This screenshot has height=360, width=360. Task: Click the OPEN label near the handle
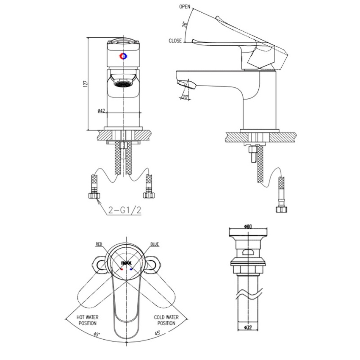click(185, 7)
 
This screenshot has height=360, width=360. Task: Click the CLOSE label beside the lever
click(175, 41)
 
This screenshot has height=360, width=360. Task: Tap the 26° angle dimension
click(185, 24)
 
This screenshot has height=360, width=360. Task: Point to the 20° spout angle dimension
click(185, 97)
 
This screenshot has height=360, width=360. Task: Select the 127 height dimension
click(86, 84)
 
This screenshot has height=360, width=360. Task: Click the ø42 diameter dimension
click(101, 111)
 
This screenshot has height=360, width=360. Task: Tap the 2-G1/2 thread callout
click(125, 210)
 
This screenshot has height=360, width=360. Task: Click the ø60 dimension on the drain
click(248, 227)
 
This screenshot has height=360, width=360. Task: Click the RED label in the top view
click(99, 244)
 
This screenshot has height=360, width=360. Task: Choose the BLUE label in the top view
click(155, 244)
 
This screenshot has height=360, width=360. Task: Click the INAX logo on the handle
click(126, 263)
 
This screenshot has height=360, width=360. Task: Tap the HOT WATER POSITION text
click(88, 320)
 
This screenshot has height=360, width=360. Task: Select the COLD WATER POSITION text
click(166, 320)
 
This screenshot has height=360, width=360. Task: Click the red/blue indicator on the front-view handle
click(124, 56)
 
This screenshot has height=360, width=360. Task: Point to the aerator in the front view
click(123, 84)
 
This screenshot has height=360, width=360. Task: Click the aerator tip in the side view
click(186, 84)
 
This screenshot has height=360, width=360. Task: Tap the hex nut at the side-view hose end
click(282, 209)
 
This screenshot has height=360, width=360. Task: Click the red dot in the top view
click(122, 269)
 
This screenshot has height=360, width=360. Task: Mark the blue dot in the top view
click(131, 269)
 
